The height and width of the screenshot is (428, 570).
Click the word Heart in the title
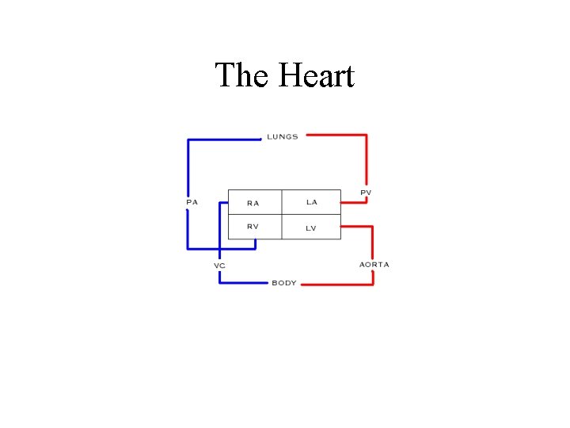(317, 76)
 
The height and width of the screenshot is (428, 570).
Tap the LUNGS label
(283, 136)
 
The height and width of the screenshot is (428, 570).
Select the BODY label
(284, 283)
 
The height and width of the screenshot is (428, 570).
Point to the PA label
(192, 202)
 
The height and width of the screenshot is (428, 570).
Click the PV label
(366, 193)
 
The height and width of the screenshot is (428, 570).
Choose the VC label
(219, 265)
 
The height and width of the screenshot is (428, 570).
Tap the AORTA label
(374, 264)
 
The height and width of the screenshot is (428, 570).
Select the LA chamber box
(312, 202)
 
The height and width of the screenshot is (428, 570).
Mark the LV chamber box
(312, 227)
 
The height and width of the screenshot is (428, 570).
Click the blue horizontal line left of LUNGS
(224, 139)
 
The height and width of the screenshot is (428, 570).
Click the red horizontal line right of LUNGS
(336, 136)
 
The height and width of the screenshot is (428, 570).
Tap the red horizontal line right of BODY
(336, 284)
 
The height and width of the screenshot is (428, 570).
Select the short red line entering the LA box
(354, 202)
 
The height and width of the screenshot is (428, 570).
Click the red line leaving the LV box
(356, 227)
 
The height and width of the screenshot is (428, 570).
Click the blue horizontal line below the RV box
(221, 248)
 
